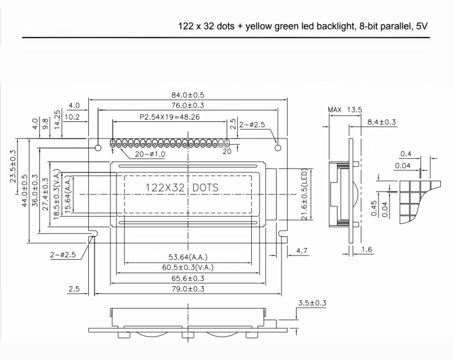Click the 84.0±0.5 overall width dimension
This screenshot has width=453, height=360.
187,95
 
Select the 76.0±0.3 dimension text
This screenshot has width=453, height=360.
187,106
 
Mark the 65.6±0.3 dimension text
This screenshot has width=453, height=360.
188,278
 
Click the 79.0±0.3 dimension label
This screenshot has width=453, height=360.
188,289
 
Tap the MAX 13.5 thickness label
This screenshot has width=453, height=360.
344,110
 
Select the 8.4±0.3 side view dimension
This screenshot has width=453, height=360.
381,122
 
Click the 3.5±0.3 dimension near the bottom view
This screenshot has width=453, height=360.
312,303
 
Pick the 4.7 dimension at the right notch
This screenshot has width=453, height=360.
302,250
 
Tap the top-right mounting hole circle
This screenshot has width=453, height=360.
278,147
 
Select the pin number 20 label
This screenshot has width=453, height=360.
227,152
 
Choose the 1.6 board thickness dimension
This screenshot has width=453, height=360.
366,249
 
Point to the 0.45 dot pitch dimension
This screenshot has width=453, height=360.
374,207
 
